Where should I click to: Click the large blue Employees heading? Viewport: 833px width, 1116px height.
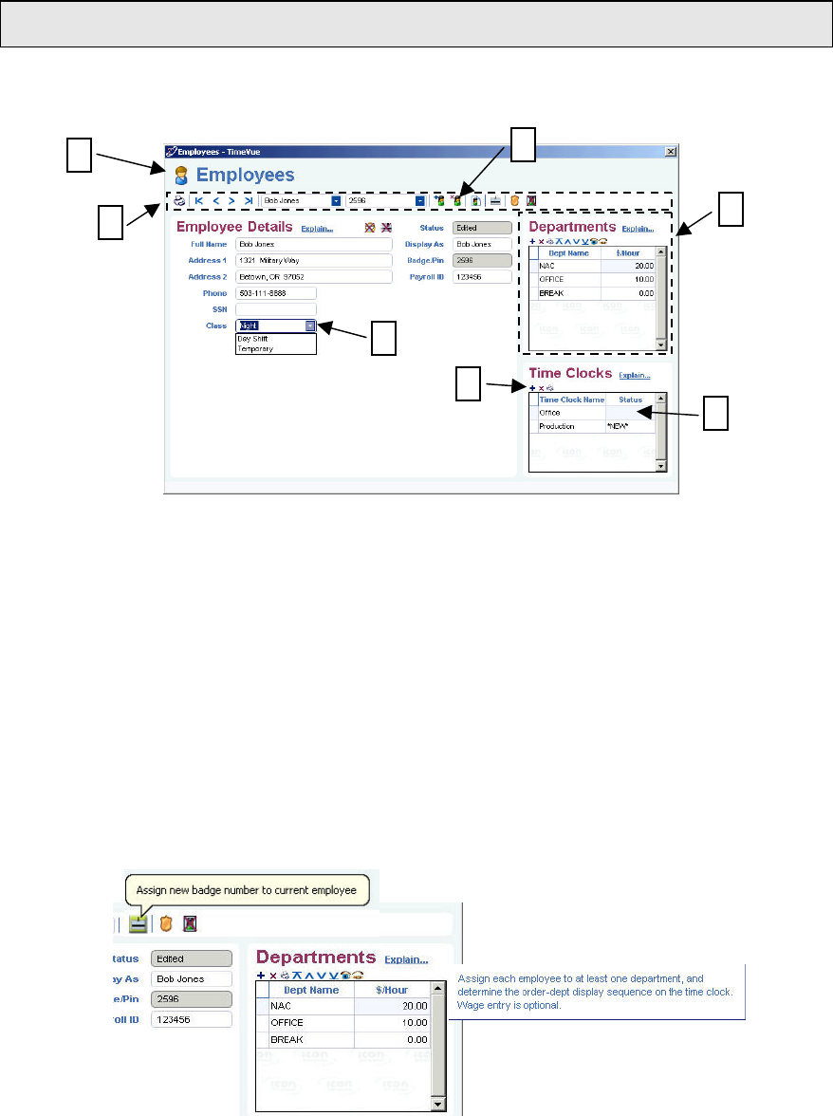[245, 176]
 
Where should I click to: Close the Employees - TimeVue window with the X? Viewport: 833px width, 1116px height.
[671, 151]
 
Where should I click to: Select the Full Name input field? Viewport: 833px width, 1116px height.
[313, 244]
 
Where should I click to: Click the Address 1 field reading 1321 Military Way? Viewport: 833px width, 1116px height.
[313, 260]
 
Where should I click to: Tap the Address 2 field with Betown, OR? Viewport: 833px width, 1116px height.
[313, 276]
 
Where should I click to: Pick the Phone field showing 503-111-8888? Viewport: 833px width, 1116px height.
[275, 293]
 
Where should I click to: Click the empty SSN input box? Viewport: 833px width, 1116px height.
[275, 309]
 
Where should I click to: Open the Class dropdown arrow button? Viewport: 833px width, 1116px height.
[310, 325]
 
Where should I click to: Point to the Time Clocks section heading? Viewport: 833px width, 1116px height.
[570, 374]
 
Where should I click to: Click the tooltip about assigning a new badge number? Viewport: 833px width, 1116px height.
[246, 890]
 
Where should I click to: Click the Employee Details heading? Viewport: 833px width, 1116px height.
[234, 228]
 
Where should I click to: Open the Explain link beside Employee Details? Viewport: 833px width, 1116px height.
[317, 229]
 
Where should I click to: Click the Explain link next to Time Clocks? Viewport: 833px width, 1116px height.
[635, 376]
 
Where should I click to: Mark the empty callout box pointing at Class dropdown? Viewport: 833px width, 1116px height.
[383, 339]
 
